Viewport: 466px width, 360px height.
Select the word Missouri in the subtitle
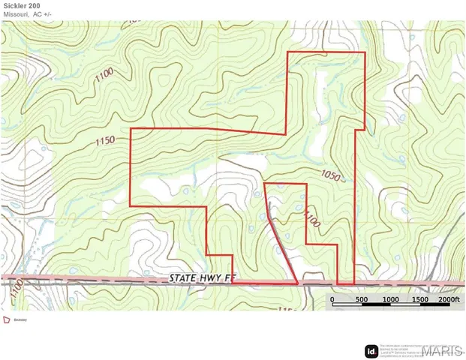click(x=17, y=14)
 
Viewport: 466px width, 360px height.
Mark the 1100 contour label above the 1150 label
click(x=104, y=73)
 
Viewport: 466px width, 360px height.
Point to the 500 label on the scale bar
click(x=361, y=299)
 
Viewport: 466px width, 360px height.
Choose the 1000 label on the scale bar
click(x=389, y=299)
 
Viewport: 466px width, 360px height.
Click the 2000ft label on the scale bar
click(x=448, y=299)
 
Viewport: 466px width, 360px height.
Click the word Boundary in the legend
click(x=21, y=319)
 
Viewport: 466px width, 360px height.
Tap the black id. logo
click(x=371, y=350)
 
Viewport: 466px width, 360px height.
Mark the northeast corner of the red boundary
click(x=365, y=52)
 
